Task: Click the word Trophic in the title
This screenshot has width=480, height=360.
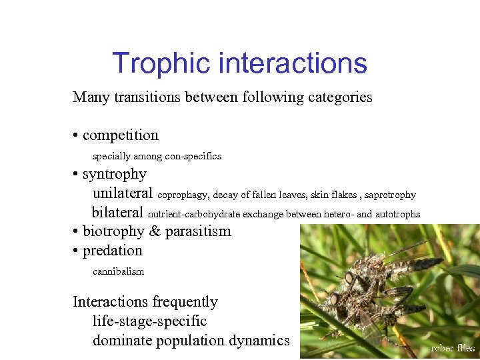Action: (x=161, y=63)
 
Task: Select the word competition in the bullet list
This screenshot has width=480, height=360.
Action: (x=120, y=135)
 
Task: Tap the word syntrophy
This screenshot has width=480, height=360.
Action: (x=114, y=174)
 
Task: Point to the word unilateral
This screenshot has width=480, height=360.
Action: (x=122, y=193)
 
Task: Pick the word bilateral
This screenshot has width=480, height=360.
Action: (x=117, y=213)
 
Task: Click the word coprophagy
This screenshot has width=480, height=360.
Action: (x=183, y=195)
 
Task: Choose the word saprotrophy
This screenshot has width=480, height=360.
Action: (x=390, y=195)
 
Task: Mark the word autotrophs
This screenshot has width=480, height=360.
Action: (x=397, y=215)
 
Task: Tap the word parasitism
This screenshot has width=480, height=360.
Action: (x=198, y=231)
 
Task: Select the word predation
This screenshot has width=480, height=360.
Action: (x=112, y=251)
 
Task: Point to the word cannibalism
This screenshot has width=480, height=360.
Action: (x=118, y=271)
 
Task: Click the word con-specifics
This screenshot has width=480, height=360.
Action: (x=193, y=156)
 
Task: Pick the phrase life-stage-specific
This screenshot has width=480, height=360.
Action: (x=149, y=321)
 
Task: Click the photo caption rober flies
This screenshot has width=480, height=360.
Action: (x=453, y=348)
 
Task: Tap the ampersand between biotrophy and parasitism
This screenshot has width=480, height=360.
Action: (x=155, y=231)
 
